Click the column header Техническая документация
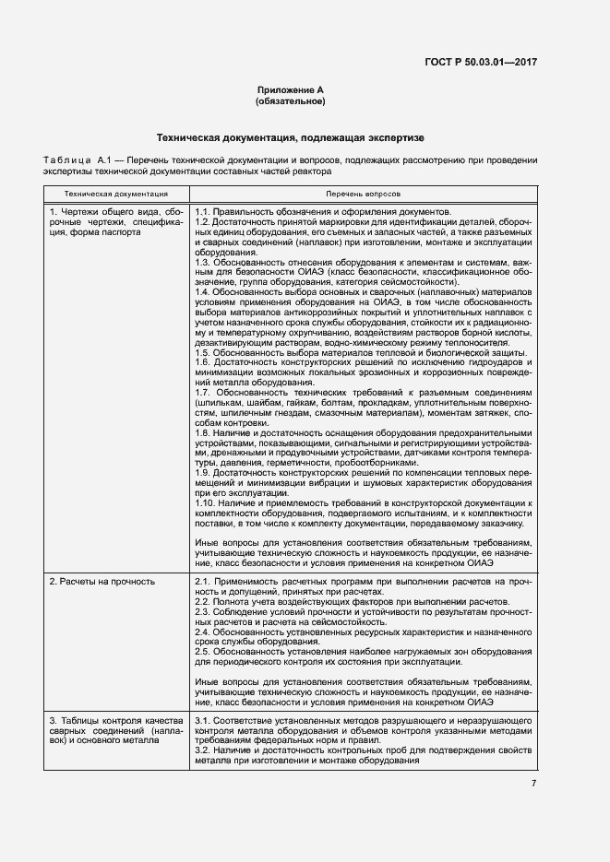point(115,195)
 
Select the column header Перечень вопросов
point(363,195)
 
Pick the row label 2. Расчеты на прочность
point(102,582)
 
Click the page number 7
point(533,784)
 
